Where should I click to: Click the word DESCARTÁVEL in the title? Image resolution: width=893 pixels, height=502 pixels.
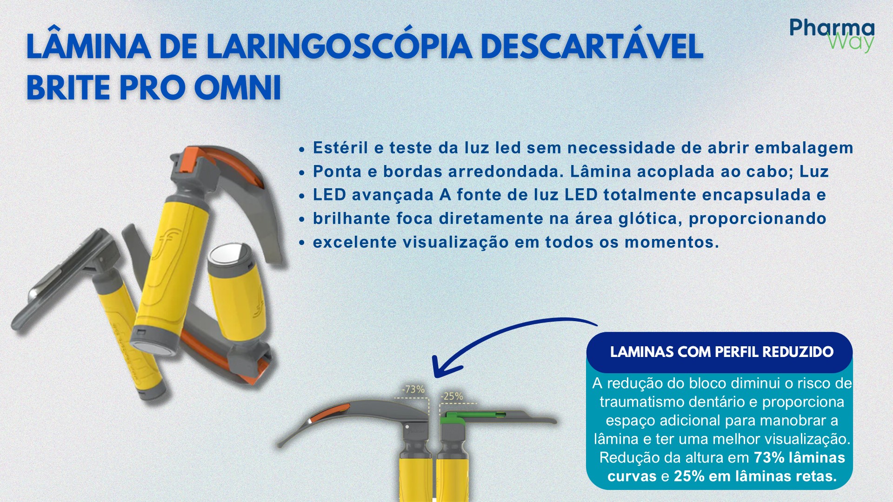(x=591, y=46)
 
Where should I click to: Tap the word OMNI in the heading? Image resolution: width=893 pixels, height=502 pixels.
(x=238, y=88)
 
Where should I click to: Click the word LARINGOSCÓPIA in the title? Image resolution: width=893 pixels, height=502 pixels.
(x=339, y=46)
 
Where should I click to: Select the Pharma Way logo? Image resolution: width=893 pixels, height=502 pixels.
(x=832, y=35)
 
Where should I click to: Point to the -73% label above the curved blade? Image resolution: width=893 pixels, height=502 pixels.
(x=413, y=390)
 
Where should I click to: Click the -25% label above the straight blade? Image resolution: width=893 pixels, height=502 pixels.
(x=452, y=396)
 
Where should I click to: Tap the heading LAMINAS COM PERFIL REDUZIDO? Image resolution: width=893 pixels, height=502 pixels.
(x=721, y=352)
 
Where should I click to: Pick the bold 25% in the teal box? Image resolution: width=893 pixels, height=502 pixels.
(x=689, y=476)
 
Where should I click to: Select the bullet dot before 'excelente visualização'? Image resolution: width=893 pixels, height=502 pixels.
(x=302, y=243)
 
